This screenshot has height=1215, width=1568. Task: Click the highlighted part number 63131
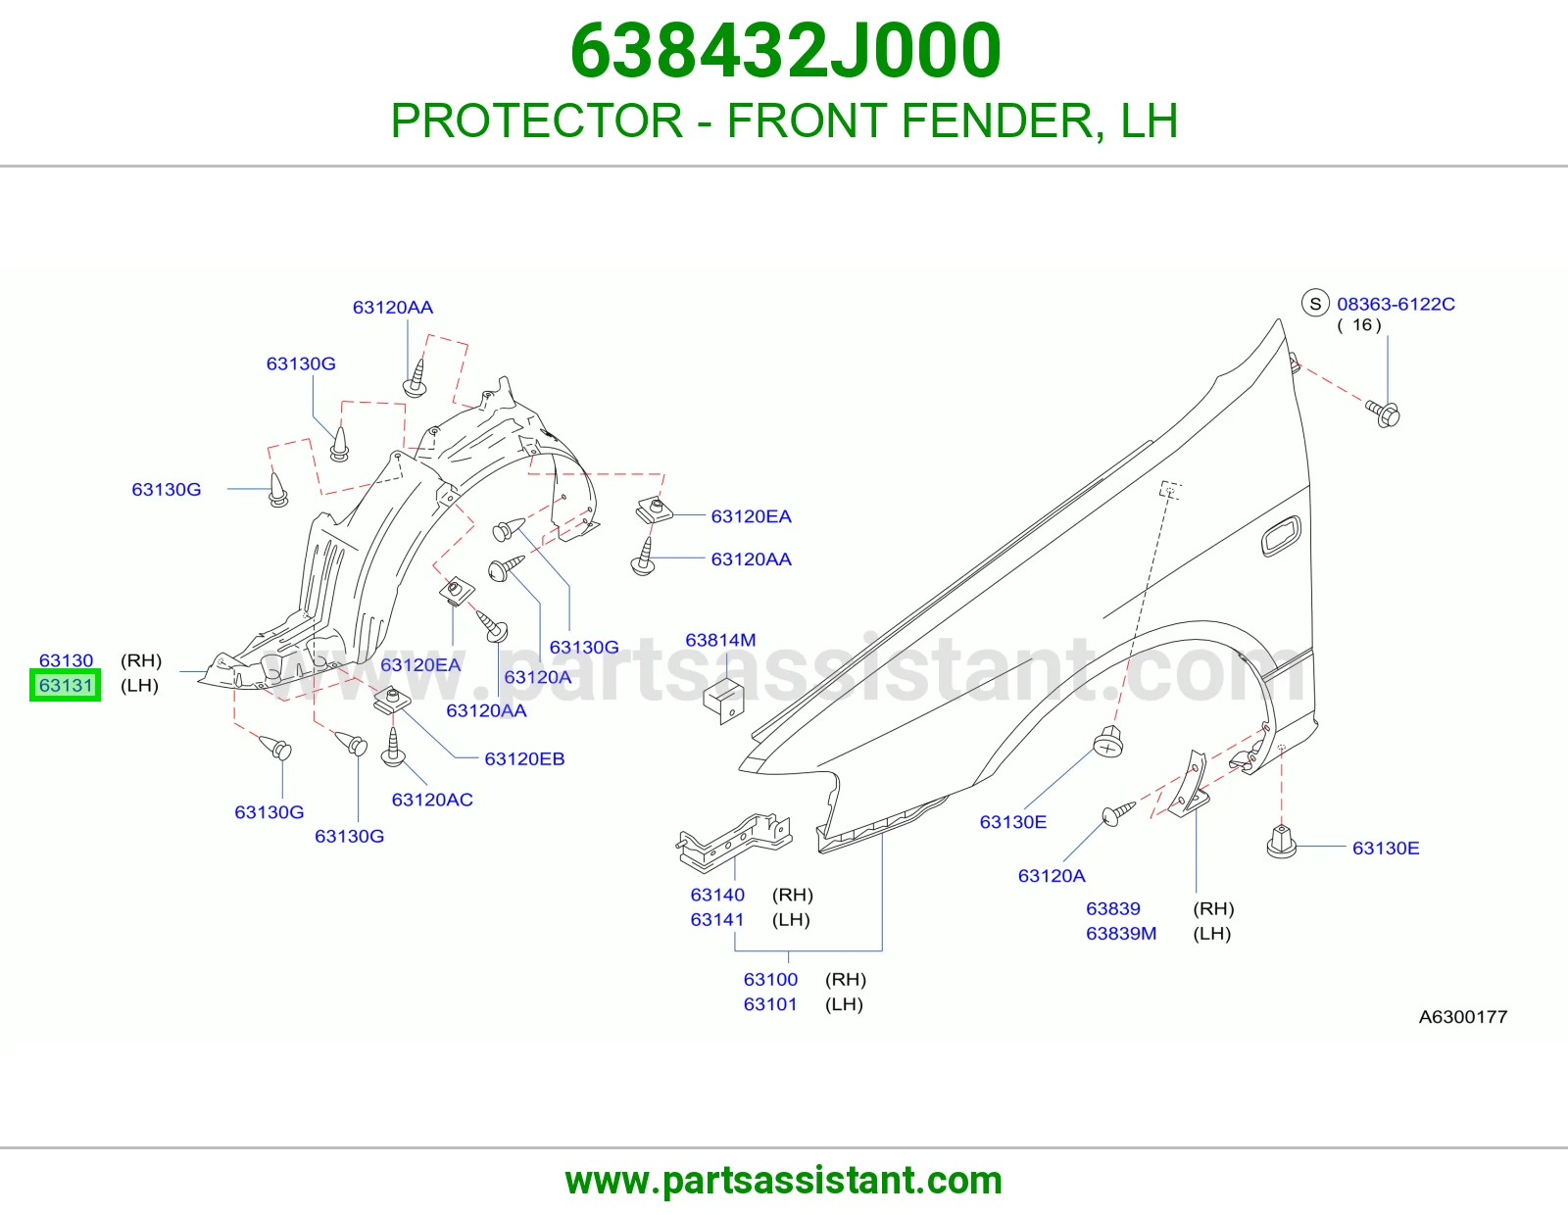coord(66,685)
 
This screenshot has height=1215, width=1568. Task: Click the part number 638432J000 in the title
coord(785,51)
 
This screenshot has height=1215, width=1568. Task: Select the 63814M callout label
coord(720,640)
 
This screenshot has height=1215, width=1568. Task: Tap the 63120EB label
coord(524,758)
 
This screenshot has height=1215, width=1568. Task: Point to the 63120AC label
coord(432,800)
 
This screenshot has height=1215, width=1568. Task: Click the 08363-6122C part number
coord(1396,304)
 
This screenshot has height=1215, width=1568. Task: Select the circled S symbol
coord(1315,304)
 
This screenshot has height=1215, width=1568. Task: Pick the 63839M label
coord(1121,933)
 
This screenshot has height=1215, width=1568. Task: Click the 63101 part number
coord(770,1003)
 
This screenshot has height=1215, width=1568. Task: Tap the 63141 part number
coord(717,919)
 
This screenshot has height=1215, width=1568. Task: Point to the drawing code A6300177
coord(1462,1017)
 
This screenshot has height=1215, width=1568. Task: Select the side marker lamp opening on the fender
coord(1280,537)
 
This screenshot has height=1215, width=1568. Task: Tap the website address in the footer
coord(784,1181)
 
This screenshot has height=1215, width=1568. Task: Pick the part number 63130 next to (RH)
coord(66,660)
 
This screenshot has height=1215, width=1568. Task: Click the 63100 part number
coord(770,979)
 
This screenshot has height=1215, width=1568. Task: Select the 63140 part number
coord(717,895)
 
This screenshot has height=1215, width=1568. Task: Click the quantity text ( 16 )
coord(1359,324)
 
